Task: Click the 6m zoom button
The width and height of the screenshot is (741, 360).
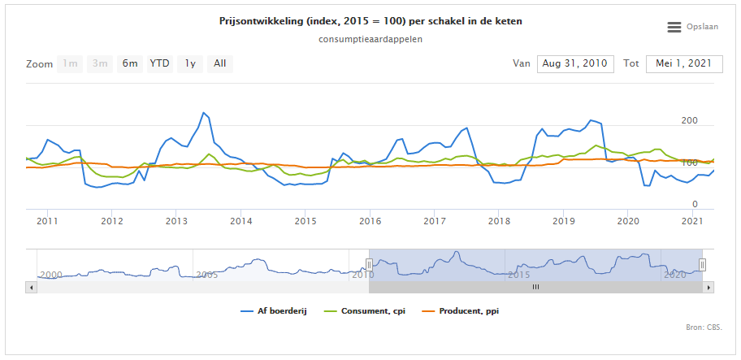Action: (130, 63)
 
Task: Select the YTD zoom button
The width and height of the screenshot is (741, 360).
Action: (159, 63)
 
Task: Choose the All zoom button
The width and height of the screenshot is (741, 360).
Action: (219, 63)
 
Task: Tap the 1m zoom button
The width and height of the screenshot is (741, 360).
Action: (71, 63)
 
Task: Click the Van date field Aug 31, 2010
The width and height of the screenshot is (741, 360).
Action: (574, 63)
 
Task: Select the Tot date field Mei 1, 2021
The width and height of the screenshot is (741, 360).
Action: (684, 63)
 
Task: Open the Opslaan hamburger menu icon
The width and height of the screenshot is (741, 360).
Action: (674, 27)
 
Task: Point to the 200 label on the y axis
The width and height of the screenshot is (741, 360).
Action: (689, 121)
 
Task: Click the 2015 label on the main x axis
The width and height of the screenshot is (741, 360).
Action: (305, 220)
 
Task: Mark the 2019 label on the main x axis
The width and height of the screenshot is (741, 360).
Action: (563, 220)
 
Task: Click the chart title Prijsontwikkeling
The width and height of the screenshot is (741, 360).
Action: (370, 21)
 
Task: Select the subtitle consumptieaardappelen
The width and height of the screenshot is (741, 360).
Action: (370, 38)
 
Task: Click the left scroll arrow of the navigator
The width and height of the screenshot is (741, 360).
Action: (31, 287)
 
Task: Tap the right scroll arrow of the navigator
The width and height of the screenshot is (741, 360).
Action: (709, 287)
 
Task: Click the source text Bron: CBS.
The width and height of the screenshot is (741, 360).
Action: (704, 328)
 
